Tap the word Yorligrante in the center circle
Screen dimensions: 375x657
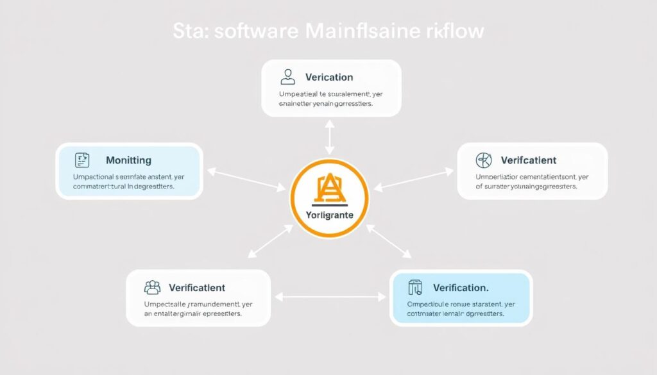pos(330,216)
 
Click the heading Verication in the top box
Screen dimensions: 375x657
pos(329,78)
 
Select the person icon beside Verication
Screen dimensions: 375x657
pos(287,78)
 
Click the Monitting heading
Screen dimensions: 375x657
pos(128,160)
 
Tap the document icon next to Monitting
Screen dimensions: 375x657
pos(81,160)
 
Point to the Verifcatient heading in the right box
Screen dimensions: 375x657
pos(529,160)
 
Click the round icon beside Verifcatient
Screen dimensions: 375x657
pos(483,160)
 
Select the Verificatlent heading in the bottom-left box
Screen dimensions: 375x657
pos(197,288)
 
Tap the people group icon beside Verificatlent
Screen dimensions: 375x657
pos(152,287)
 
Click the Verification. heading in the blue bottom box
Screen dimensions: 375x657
pos(461,287)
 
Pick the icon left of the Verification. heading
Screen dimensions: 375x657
pos(415,287)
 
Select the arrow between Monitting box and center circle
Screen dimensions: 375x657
pos(246,179)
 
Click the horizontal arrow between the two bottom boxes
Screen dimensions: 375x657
pos(331,296)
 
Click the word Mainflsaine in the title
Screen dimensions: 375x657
pos(362,31)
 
